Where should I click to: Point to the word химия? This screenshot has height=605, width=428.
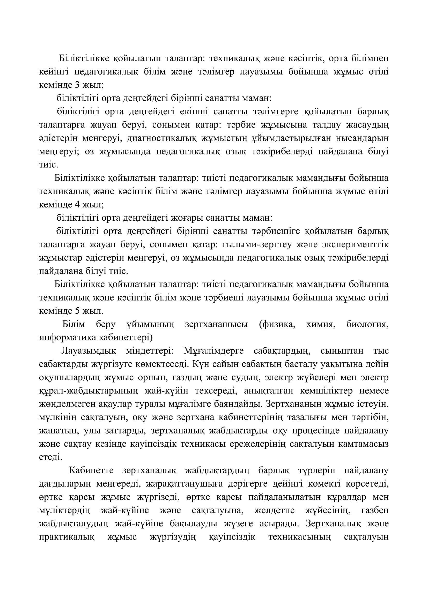click(321, 324)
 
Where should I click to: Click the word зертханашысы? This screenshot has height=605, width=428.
click(216, 324)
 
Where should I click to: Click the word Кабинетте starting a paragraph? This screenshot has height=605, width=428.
click(91, 470)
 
